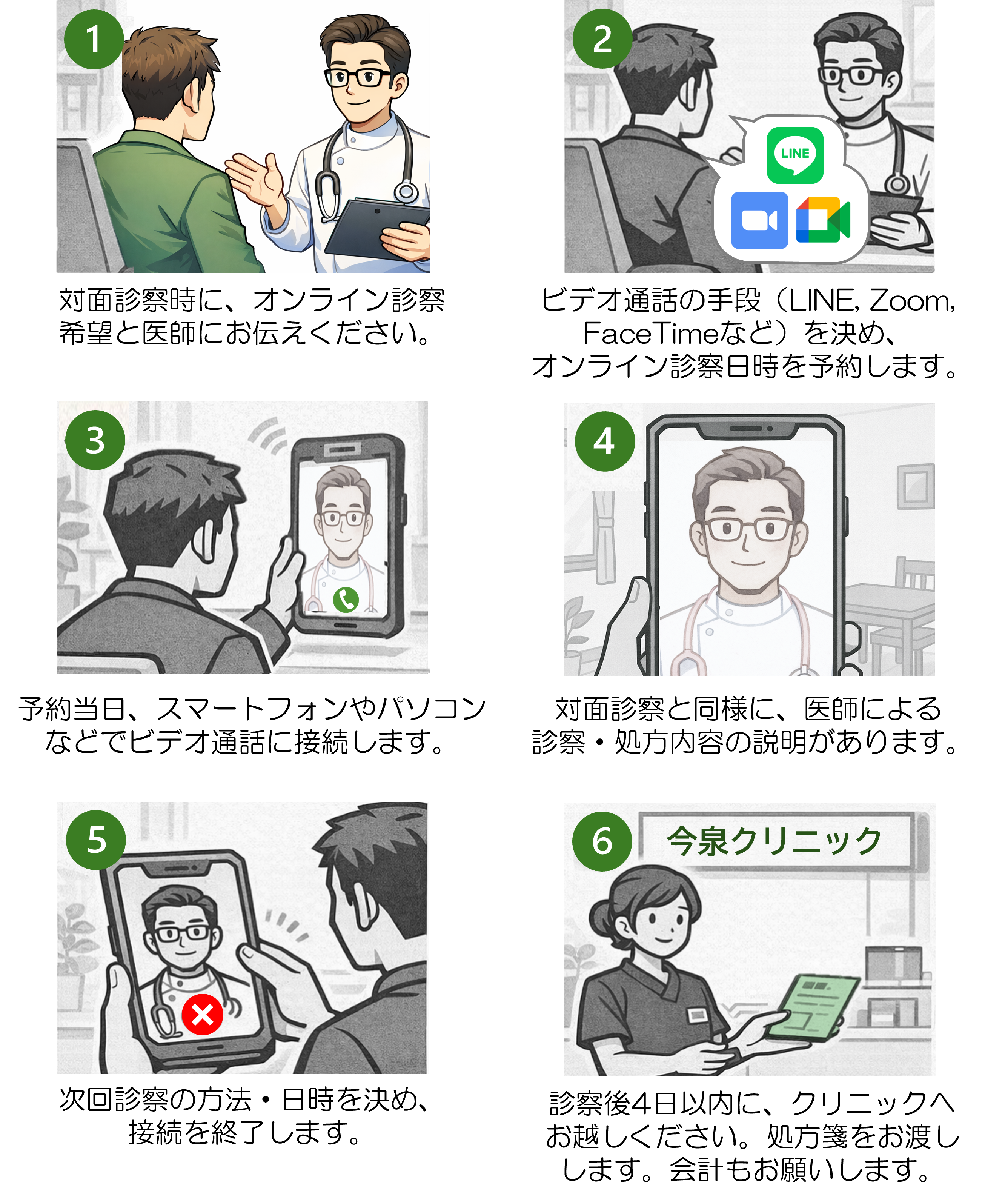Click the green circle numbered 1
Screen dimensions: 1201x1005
point(94,40)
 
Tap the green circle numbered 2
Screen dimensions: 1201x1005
point(602,40)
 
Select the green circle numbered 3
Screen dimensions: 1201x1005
point(95,440)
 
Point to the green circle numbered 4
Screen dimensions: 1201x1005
point(604,441)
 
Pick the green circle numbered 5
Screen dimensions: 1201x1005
point(96,840)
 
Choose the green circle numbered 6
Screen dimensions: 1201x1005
point(602,842)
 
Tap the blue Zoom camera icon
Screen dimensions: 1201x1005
point(759,220)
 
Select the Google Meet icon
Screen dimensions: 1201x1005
point(823,220)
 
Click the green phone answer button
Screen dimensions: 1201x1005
point(346,600)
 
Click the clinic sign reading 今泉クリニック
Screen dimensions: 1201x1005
point(774,842)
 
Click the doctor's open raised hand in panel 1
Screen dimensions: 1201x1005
point(257,178)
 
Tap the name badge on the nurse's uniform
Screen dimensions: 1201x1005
point(698,1015)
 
